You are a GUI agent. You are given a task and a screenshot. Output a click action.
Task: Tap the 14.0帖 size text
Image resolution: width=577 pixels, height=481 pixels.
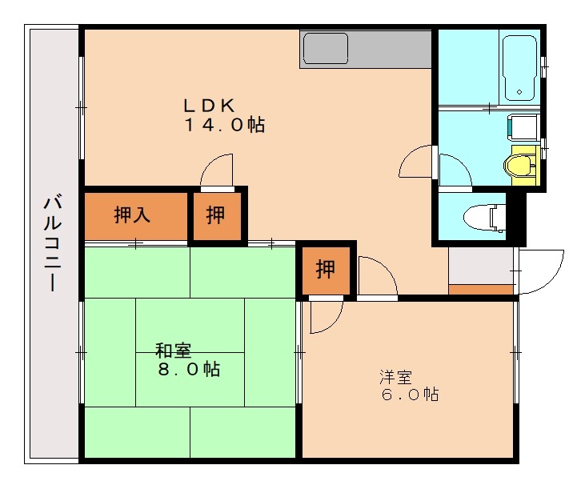tap(225, 125)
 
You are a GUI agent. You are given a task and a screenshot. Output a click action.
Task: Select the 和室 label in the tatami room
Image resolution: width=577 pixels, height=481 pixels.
tap(173, 350)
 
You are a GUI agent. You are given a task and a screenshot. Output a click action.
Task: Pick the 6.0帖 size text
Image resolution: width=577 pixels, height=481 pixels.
tap(409, 395)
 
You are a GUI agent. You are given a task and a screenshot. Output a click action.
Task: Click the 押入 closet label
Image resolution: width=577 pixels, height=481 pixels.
tap(133, 215)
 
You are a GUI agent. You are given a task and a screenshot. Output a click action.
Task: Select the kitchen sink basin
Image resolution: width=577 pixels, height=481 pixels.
tap(325, 48)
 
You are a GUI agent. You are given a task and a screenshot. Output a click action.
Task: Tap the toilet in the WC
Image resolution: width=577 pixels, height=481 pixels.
tap(489, 217)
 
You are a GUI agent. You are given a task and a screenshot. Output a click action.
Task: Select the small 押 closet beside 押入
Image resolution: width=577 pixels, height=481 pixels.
tap(216, 214)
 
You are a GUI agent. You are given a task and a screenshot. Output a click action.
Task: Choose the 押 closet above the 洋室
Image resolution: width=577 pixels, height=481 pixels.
tap(325, 270)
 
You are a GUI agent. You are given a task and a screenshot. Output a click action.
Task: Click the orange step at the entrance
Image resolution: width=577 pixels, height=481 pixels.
tap(481, 289)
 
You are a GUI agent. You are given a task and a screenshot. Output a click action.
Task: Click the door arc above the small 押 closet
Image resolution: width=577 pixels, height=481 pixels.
tap(216, 172)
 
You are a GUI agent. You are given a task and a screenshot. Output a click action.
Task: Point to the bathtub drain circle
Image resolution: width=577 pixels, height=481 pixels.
tap(519, 91)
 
